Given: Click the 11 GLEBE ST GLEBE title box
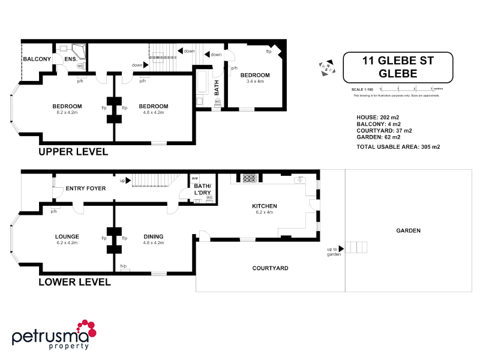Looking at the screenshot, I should (398, 67).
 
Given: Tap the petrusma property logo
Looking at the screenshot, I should (55, 334).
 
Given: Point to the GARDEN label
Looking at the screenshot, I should (408, 230).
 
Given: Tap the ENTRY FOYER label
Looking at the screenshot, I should (86, 188).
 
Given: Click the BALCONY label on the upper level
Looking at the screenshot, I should (37, 59).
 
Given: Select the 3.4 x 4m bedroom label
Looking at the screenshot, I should (255, 78).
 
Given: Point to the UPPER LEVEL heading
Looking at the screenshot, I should (73, 152).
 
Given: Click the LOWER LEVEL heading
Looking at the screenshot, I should (74, 281).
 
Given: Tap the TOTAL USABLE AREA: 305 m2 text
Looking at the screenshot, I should (398, 146).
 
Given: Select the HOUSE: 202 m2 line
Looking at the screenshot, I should (380, 117).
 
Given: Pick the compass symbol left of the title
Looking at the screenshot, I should (326, 66).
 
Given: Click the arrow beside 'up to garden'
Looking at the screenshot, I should (341, 248).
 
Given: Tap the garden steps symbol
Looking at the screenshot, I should (357, 247).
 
